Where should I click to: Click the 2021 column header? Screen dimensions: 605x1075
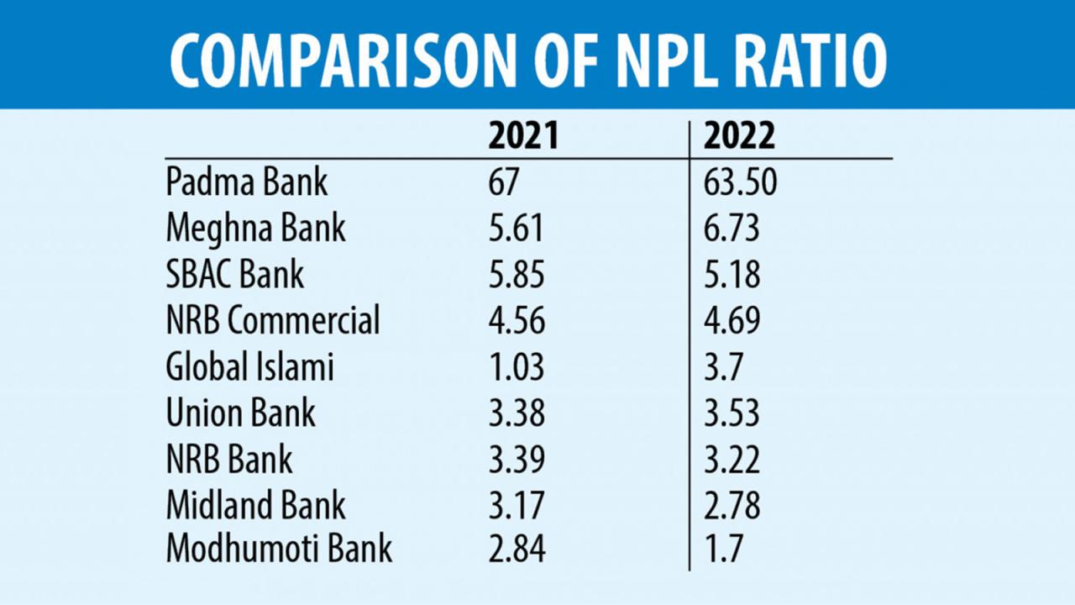522,138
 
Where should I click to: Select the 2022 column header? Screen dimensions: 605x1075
739,138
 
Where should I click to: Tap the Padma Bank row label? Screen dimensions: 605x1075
247,183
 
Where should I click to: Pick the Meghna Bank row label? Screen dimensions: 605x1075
256,229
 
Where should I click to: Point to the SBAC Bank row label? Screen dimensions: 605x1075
235,275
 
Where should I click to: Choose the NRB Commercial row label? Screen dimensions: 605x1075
273,321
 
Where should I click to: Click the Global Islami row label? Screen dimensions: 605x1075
250,367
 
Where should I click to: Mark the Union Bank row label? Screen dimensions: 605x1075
241,413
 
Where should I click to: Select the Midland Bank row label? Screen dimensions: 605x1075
256,505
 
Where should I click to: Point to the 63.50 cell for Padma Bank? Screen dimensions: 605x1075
741,183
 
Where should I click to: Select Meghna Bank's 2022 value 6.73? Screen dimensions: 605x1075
732,229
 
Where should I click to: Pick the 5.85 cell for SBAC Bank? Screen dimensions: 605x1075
517,275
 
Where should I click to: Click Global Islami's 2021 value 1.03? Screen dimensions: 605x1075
517,367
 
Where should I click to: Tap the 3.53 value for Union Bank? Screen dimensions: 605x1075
732,413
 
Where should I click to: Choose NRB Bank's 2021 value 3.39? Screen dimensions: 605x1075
517,460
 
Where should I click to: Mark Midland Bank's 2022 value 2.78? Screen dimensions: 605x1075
732,505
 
